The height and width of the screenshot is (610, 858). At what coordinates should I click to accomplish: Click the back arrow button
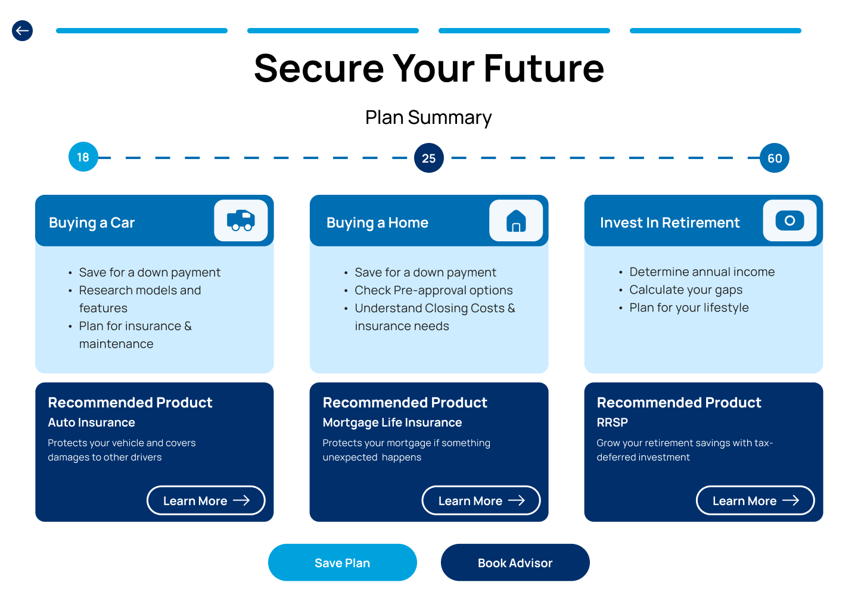tap(23, 30)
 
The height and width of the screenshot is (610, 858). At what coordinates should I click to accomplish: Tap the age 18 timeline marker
tap(83, 157)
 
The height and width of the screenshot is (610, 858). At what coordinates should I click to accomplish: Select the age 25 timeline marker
tap(429, 158)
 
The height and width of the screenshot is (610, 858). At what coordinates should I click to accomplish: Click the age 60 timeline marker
tap(775, 158)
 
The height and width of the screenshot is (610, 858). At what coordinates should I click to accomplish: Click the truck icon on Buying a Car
tap(241, 220)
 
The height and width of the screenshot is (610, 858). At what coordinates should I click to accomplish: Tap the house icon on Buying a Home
tap(516, 220)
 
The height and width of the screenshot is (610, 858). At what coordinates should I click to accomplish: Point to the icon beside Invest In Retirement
tap(789, 220)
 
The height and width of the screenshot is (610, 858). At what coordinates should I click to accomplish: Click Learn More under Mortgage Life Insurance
tap(481, 500)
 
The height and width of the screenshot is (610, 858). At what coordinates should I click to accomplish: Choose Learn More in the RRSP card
tap(755, 500)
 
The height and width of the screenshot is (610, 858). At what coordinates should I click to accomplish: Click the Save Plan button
tap(343, 562)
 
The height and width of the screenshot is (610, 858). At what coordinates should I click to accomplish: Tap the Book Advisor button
tap(515, 562)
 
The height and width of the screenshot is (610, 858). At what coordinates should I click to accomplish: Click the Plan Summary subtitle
tap(428, 117)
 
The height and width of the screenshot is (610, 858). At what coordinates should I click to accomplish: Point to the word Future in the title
tap(543, 68)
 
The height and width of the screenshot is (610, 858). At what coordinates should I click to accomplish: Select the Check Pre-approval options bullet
tap(433, 290)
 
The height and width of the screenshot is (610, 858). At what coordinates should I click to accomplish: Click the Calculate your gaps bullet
tap(686, 290)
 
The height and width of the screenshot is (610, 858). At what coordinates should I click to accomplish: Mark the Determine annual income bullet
tap(702, 272)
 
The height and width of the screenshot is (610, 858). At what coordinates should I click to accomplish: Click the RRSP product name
tap(613, 422)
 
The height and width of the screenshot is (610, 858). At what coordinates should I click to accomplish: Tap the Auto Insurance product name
tap(92, 422)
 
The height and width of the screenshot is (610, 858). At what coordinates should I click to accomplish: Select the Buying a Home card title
tap(377, 223)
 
